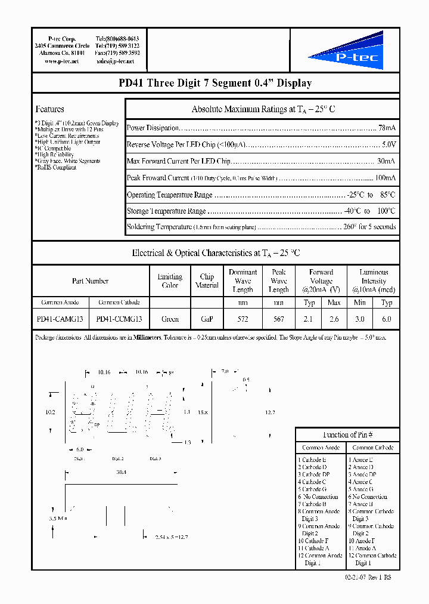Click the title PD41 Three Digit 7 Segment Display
point(215,84)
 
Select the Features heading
point(50,109)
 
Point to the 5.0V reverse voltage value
point(388,145)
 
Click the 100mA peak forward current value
point(384,178)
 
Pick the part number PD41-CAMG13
point(60,319)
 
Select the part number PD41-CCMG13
point(119,319)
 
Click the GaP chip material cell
point(207,319)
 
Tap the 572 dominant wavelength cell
point(243,319)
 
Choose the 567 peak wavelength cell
point(278,319)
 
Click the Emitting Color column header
point(170,281)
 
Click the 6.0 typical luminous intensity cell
point(386,319)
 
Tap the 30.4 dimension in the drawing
point(121,472)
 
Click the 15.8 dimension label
point(204,412)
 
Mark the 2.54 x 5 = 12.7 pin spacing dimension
point(171,537)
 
